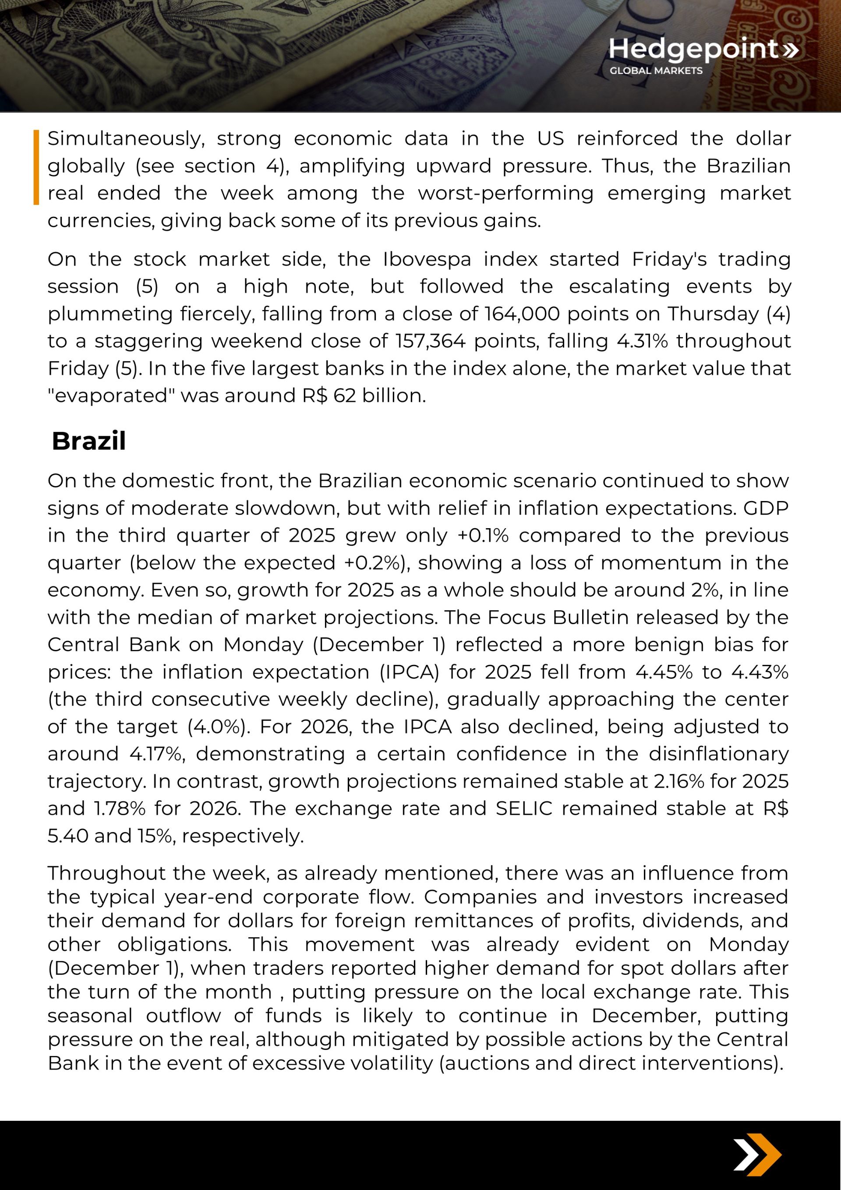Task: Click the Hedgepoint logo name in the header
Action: (693, 49)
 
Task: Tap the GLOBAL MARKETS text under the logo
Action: (656, 71)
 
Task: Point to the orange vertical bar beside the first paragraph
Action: (36, 167)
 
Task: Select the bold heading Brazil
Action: (88, 441)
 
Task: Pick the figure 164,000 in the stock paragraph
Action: (522, 314)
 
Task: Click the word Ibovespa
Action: (427, 259)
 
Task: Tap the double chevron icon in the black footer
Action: (756, 1155)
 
